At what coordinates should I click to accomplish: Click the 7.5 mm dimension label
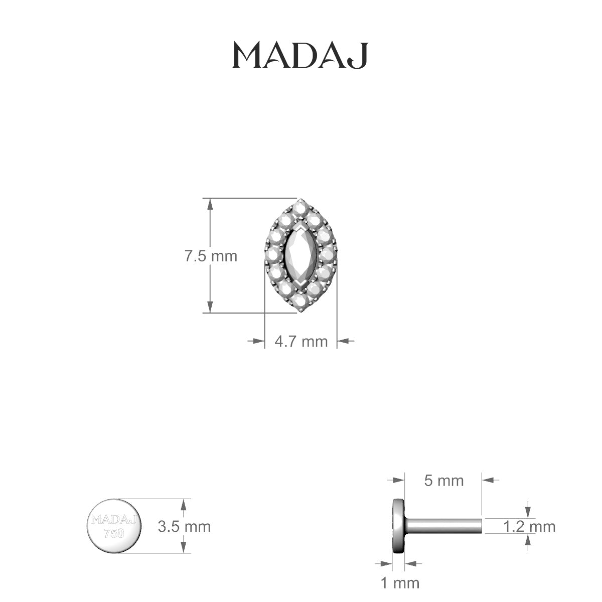click(211, 256)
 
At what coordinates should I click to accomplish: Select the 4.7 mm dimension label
click(301, 341)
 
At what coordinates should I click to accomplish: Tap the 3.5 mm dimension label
click(184, 526)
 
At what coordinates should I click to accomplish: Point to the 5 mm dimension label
click(444, 480)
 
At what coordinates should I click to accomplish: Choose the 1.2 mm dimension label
click(529, 526)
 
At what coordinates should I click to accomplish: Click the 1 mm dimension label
click(400, 582)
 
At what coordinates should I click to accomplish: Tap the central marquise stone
click(300, 256)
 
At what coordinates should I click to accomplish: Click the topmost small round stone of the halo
click(300, 206)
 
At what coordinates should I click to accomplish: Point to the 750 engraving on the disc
click(113, 533)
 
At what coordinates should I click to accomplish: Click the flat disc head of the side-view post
click(398, 526)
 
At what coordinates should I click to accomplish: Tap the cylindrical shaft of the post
click(444, 526)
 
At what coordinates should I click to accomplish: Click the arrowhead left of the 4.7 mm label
click(258, 341)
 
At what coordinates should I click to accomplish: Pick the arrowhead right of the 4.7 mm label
click(343, 341)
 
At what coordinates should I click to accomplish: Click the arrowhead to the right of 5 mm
click(489, 480)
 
